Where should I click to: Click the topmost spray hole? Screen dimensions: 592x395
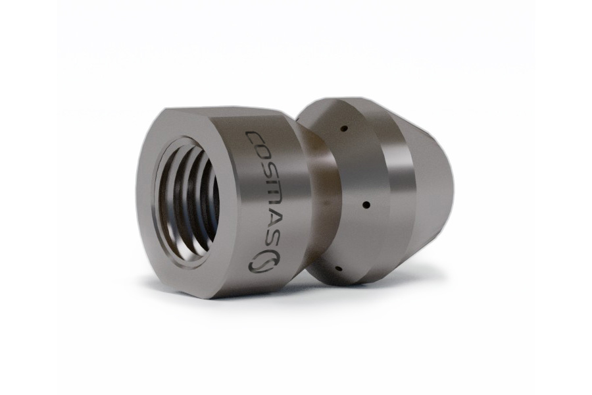coord(343,129)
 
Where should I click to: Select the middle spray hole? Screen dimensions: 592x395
coord(366,205)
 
